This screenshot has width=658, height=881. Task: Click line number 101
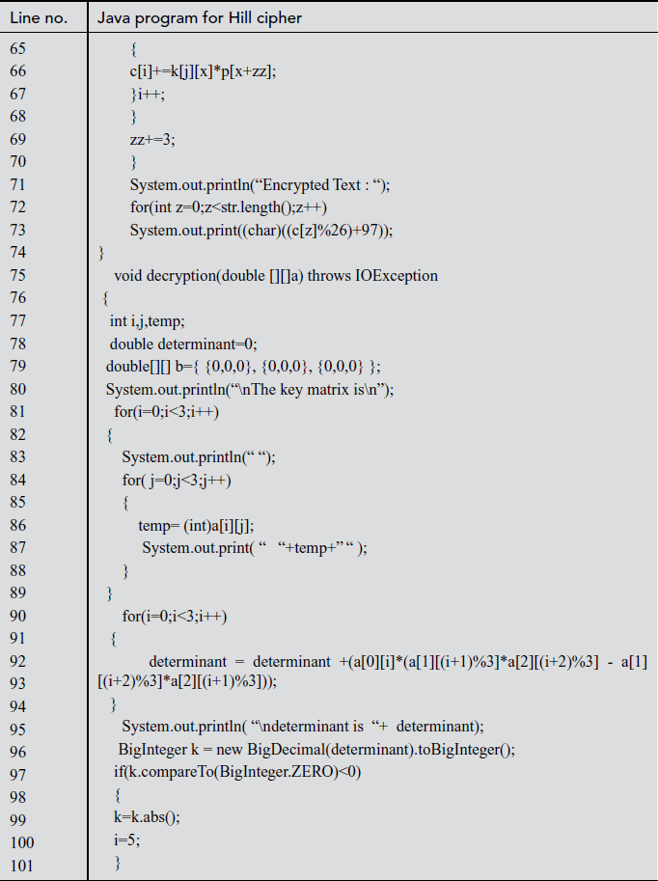pyautogui.click(x=22, y=864)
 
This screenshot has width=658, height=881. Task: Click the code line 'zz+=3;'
pyautogui.click(x=152, y=139)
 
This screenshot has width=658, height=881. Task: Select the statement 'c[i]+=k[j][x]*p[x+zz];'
pyautogui.click(x=203, y=71)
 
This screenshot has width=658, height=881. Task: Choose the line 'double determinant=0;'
pyautogui.click(x=183, y=344)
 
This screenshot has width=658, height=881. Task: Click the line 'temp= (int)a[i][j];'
pyautogui.click(x=197, y=525)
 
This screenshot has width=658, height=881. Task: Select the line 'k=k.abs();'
pyautogui.click(x=147, y=818)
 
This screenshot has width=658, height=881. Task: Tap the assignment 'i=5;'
pyautogui.click(x=126, y=840)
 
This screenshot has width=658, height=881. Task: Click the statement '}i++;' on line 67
pyautogui.click(x=148, y=94)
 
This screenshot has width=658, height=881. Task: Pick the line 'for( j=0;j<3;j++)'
pyautogui.click(x=177, y=480)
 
